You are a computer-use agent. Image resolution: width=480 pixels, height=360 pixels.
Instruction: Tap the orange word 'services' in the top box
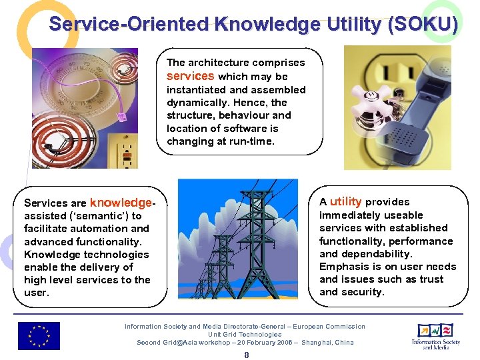click(191, 76)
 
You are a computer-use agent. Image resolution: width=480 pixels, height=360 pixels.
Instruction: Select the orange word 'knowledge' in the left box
click(121, 202)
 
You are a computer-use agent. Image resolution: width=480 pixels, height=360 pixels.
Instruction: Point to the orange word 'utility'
click(345, 201)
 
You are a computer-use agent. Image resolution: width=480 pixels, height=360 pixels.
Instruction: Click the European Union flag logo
click(39, 336)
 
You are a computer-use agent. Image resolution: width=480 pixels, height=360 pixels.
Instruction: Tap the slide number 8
click(246, 355)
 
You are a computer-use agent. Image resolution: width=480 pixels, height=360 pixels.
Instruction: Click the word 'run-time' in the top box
click(253, 141)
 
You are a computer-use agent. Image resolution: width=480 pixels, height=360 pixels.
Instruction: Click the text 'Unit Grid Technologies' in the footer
click(245, 335)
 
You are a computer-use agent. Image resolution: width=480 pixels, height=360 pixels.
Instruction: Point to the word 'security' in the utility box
click(362, 292)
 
